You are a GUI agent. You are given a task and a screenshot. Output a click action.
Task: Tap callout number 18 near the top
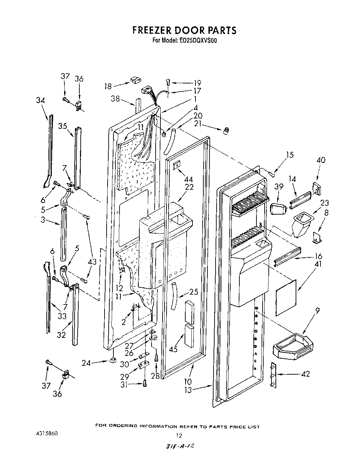[108, 86]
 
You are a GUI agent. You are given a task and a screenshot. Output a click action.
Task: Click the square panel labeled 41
[285, 297]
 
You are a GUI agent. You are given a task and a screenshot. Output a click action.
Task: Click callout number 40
[320, 160]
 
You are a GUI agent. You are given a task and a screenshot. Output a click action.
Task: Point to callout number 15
[289, 155]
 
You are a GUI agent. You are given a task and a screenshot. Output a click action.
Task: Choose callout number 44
[188, 179]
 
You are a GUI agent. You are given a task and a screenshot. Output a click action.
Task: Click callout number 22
[189, 187]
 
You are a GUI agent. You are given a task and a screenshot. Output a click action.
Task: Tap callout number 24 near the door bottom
[86, 363]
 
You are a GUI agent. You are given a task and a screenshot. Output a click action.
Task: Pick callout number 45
[173, 349]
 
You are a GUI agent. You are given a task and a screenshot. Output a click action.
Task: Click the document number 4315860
[47, 434]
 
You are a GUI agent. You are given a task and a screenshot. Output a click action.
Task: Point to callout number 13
[188, 390]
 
